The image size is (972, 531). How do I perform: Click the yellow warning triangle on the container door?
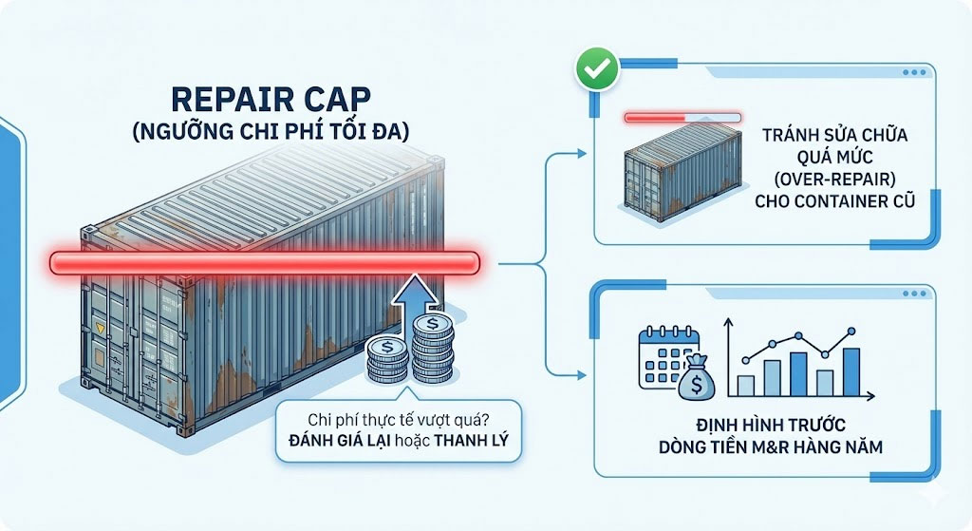click(101, 328)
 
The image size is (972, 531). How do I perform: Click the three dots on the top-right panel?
click(915, 72)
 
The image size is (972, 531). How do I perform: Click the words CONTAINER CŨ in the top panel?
click(831, 202)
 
